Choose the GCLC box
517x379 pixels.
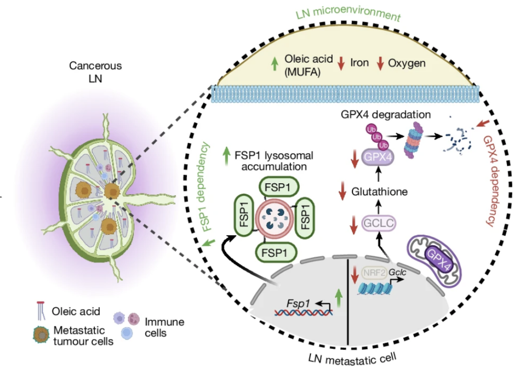coord(378,222)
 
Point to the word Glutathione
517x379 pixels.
coord(380,191)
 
